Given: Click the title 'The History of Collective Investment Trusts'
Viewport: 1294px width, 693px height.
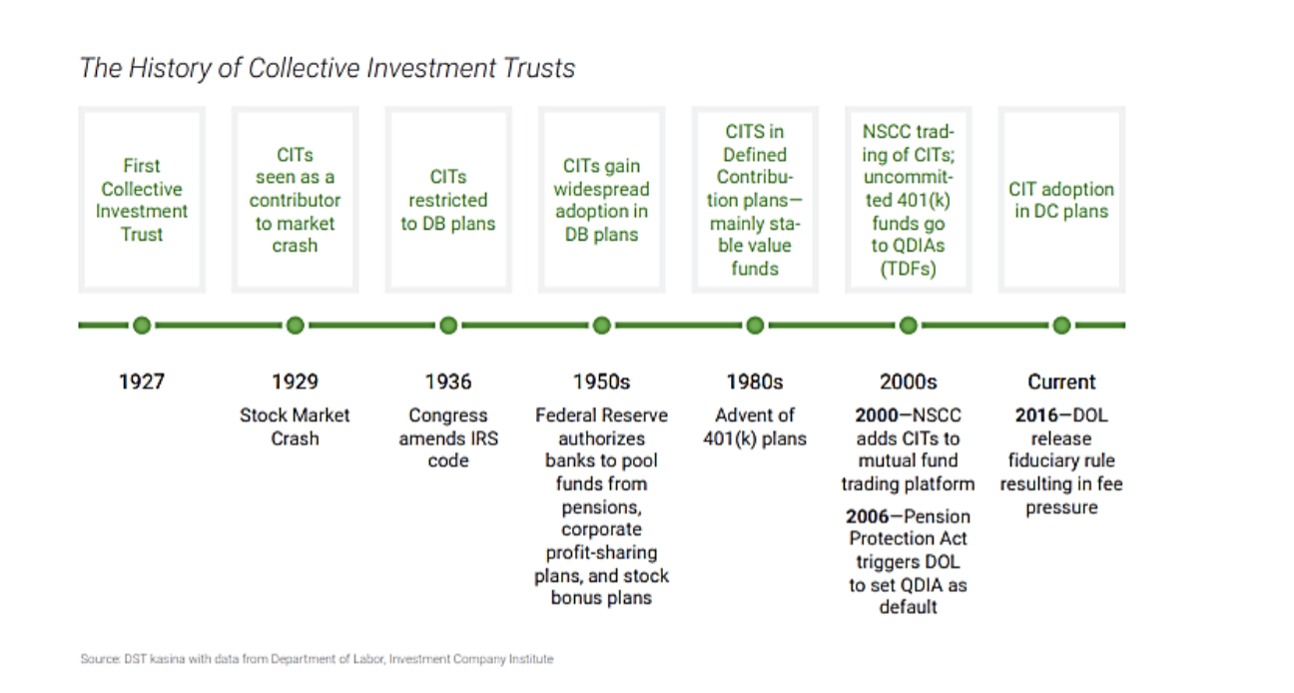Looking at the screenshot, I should pos(326,68).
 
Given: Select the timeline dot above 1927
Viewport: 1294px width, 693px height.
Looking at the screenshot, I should pos(142,325).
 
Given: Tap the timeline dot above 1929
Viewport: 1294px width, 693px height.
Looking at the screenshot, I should pos(295,325).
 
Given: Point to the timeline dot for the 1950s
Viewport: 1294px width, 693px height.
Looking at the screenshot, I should pos(601,325).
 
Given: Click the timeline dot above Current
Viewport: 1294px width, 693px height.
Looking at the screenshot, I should pos(1061,325).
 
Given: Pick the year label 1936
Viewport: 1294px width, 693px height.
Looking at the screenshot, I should pos(447,381).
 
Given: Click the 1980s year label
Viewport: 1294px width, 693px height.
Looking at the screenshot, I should pos(754,381).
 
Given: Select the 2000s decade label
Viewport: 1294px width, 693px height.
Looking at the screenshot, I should pos(908,381).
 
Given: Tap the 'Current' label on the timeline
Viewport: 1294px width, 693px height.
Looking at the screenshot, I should pos(1061,381).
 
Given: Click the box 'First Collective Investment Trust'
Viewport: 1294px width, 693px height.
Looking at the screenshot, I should pos(142,200).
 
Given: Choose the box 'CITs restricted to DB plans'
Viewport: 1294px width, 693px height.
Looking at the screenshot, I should pos(447,200).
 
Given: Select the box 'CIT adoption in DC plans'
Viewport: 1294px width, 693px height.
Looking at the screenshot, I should pos(1061,200).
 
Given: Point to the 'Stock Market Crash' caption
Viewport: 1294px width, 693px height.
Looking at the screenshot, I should pos(295,426).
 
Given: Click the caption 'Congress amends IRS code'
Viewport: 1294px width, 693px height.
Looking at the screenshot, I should pos(447,437).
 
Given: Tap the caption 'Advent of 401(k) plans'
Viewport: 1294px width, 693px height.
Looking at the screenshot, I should pos(754,426).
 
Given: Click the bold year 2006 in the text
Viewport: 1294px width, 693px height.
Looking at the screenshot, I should pos(868,516).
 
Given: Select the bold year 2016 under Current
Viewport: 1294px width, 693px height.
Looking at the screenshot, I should pos(1035,415).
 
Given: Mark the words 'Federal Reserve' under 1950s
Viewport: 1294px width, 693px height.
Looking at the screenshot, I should pos(601,415).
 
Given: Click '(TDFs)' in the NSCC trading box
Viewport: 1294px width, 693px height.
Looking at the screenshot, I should pos(908,269).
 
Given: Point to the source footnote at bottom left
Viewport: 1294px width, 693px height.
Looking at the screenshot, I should pos(316,659).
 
